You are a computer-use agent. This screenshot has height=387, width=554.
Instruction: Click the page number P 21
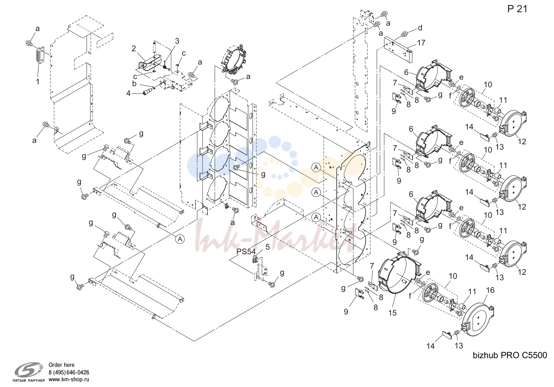click(518, 9)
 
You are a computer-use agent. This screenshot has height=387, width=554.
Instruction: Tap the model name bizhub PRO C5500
click(510, 355)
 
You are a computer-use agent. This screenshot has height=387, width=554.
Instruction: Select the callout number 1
click(38, 82)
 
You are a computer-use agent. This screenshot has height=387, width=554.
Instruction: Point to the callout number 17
click(421, 43)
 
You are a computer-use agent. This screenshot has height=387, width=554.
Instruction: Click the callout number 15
click(393, 313)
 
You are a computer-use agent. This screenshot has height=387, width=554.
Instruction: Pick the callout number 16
click(490, 290)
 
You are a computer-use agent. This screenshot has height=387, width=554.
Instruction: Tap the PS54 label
click(246, 252)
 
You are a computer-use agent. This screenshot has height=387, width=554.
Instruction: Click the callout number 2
click(134, 49)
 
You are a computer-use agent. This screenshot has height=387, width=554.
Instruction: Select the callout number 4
click(128, 93)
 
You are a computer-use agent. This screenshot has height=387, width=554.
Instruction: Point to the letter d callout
click(420, 28)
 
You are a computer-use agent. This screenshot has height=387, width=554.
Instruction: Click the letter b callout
click(134, 84)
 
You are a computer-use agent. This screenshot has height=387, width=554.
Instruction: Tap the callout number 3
click(177, 41)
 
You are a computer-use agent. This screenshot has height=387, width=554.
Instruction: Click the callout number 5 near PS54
click(267, 247)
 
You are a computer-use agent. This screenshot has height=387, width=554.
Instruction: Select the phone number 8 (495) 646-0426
click(69, 373)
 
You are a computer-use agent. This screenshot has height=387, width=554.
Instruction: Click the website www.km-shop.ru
click(69, 379)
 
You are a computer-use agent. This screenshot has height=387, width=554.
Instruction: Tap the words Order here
click(61, 365)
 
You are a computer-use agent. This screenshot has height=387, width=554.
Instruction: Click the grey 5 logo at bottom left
click(29, 369)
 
